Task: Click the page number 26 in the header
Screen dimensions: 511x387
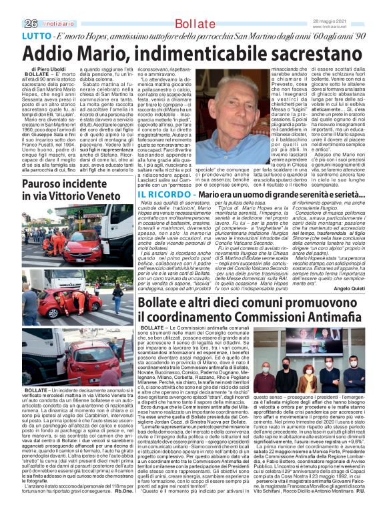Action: pyautogui.click(x=11, y=6)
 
